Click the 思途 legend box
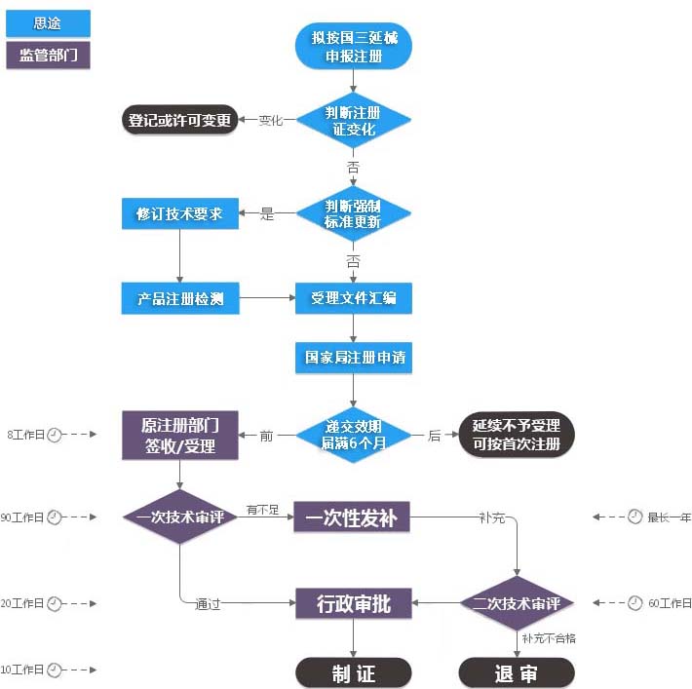48,23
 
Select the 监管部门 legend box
48,55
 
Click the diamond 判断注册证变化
354,121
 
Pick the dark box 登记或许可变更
180,121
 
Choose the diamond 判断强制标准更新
354,214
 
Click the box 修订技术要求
180,214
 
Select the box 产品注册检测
180,298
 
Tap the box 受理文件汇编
354,298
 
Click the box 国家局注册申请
354,358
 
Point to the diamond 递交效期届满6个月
354,435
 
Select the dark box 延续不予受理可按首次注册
517,435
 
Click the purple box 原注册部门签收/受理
180,435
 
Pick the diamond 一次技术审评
180,517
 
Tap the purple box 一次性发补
352,517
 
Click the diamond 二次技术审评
517,603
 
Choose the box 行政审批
354,603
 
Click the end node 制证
354,672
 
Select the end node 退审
517,672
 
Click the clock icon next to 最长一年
634,517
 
